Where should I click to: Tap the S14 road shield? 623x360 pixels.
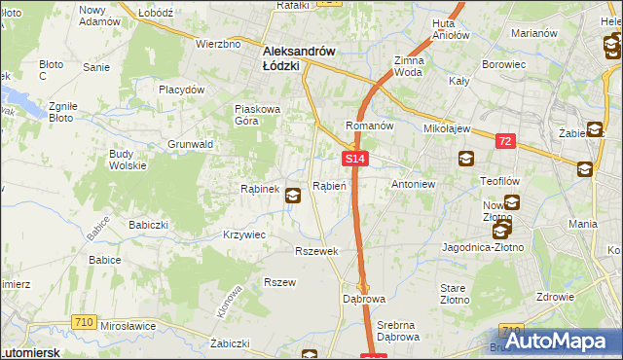pos(354,159)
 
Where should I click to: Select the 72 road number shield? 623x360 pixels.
pos(504,142)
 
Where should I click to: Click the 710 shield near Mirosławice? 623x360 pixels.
pos(85,321)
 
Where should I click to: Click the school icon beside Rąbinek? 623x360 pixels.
pos(292,197)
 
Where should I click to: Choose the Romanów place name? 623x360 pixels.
pos(369,126)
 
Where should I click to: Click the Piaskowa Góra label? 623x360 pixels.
pos(258,115)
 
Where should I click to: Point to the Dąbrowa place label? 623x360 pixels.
pos(364,298)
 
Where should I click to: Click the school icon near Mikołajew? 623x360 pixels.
pos(465,159)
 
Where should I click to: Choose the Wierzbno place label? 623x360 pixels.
pos(218,44)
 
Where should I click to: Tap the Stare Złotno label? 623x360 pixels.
pos(454,295)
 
